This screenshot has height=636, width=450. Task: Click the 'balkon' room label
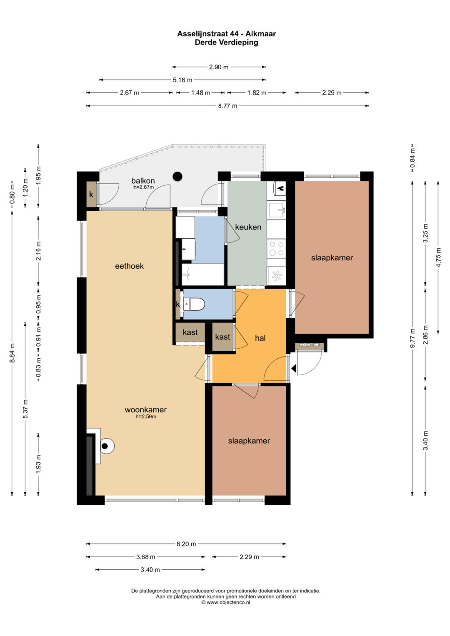(x=143, y=181)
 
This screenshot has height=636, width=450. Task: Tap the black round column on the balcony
(x=177, y=177)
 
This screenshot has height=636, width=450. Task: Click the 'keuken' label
(x=248, y=227)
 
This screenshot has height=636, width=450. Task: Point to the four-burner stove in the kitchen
(x=276, y=248)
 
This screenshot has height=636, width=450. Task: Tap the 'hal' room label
(x=260, y=338)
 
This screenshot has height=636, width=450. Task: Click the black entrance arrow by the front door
(x=294, y=369)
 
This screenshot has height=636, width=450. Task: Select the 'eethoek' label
(x=129, y=266)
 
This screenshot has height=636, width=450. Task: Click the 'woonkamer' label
(x=146, y=410)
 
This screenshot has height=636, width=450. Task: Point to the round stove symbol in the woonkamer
(x=107, y=446)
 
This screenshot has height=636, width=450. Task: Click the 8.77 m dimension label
(x=227, y=106)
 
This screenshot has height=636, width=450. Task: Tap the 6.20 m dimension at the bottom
(x=186, y=544)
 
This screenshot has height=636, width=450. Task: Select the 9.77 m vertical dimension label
(x=412, y=338)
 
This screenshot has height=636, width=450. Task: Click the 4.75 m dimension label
(x=438, y=257)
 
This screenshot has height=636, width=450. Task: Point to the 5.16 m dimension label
(x=182, y=80)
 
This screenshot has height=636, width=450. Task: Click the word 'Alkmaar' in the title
(x=260, y=34)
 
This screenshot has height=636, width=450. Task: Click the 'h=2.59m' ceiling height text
(x=146, y=417)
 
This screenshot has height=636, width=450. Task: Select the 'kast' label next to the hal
(x=222, y=337)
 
